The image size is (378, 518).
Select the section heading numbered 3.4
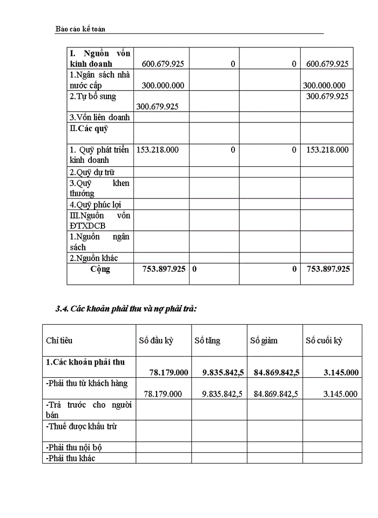point(126,309)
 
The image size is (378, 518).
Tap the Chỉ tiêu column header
point(59,340)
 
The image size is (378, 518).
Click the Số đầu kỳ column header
point(158,340)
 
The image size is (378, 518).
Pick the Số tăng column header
point(207,340)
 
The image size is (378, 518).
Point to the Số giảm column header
point(264,340)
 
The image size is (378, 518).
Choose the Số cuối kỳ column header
point(324,340)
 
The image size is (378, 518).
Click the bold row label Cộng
point(100,269)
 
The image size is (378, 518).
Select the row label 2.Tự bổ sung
point(93,96)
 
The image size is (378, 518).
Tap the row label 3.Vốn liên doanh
point(99,117)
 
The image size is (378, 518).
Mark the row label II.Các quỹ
point(89,128)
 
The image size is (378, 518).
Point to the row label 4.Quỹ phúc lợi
point(95,205)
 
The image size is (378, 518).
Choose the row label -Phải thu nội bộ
point(74,447)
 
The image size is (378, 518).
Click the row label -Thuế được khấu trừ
point(82,426)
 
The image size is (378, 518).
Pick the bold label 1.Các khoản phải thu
point(85,362)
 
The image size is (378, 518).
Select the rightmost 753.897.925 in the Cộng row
point(328,269)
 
